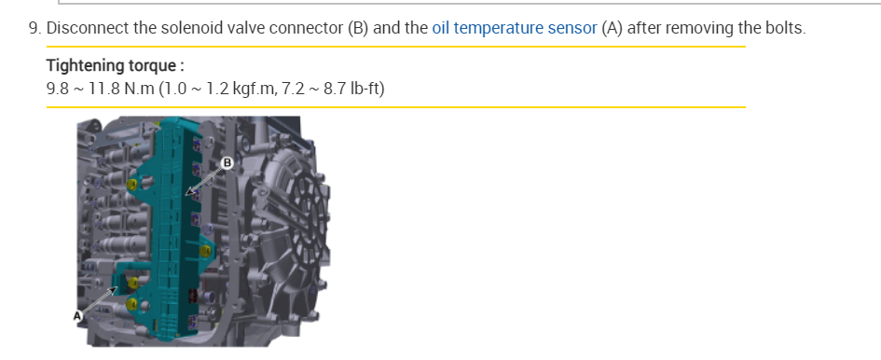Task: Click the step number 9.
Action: coord(34,28)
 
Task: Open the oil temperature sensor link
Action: coord(514,28)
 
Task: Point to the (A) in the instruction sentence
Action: coord(612,28)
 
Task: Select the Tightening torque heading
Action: coord(116,66)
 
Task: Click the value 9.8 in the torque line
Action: coord(58,89)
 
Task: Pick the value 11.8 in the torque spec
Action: coord(103,89)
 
